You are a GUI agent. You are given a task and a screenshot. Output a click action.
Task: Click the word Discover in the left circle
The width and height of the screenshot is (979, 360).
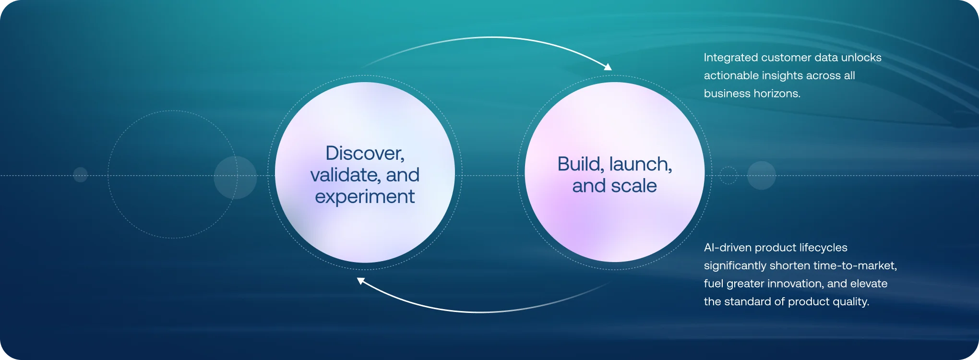pyautogui.click(x=365, y=154)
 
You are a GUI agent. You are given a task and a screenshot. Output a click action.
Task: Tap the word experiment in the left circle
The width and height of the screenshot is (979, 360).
pyautogui.click(x=365, y=197)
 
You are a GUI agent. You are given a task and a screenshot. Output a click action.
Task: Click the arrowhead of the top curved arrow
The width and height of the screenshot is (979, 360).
pyautogui.click(x=608, y=67)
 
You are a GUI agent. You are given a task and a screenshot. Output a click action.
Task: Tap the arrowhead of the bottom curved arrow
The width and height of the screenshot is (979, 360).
pyautogui.click(x=361, y=281)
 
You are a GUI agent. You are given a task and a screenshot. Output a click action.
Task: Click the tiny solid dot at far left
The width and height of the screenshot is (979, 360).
pyautogui.click(x=80, y=175)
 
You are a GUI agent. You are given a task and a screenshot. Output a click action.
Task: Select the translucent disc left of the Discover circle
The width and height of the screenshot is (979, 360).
pyautogui.click(x=235, y=177)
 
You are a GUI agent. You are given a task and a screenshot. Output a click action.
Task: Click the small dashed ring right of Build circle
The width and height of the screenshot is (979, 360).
pyautogui.click(x=728, y=175)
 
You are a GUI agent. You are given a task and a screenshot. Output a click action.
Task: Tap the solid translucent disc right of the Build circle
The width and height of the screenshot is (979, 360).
pyautogui.click(x=762, y=175)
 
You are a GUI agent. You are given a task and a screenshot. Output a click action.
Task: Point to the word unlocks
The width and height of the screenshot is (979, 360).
pyautogui.click(x=861, y=58)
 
